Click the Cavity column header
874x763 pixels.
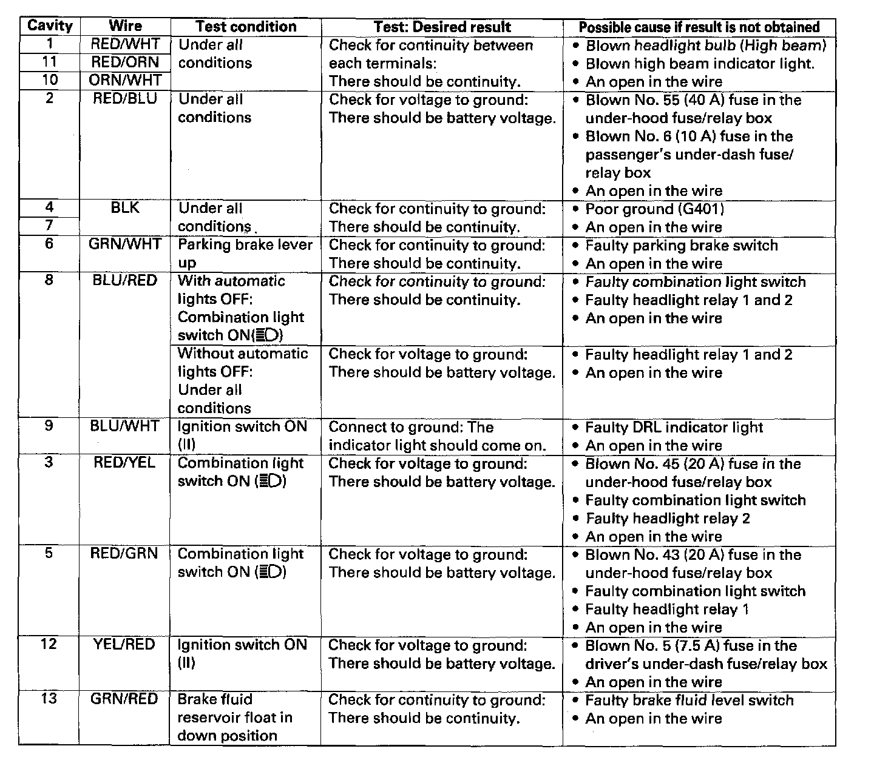pos(50,26)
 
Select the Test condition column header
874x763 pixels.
pos(246,27)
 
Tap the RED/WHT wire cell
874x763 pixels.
pos(125,44)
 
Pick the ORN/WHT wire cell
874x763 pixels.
pos(125,80)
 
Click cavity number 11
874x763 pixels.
pos(50,62)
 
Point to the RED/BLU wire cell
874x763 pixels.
pos(125,98)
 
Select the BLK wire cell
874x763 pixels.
pos(125,208)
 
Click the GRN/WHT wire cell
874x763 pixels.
pos(125,244)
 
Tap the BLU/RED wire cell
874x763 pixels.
pos(125,280)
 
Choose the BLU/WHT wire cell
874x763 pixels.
pos(125,426)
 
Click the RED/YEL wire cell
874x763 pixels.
pos(125,462)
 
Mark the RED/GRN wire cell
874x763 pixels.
pos(125,553)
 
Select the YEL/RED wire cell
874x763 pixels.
pos(125,644)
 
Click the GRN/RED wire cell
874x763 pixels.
pos(125,699)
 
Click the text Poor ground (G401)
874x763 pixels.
pos(654,209)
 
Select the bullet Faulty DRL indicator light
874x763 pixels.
pos(674,428)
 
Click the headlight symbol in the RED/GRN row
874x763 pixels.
pos(270,572)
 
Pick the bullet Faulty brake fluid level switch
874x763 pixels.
pos(689,701)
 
